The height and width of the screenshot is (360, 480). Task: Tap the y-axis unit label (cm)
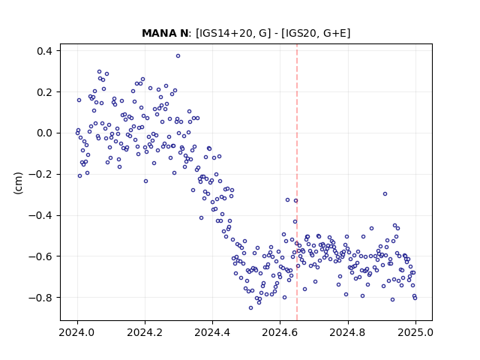click(18, 183)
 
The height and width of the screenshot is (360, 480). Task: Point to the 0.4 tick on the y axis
click(44, 50)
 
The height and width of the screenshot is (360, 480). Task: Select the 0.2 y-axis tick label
click(44, 91)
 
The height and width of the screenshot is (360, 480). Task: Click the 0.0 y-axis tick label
click(44, 133)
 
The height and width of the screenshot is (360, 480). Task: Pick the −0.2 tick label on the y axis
click(40, 174)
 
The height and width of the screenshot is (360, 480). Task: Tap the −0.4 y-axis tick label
click(40, 215)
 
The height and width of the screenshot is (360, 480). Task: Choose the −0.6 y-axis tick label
click(40, 256)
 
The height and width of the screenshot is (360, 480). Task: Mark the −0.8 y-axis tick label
click(40, 297)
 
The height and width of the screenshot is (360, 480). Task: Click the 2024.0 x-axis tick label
click(77, 332)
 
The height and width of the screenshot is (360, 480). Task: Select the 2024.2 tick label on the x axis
click(145, 332)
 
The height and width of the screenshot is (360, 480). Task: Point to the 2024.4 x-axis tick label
click(212, 332)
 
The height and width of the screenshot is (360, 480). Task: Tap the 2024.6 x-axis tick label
click(280, 332)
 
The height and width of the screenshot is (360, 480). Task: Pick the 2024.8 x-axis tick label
click(348, 332)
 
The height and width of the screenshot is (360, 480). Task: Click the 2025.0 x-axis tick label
click(415, 332)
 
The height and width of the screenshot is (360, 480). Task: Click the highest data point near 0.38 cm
click(178, 56)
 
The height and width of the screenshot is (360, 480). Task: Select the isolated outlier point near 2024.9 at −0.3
click(385, 193)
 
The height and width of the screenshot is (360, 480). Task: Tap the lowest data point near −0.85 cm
click(250, 308)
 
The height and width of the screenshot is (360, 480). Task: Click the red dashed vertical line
click(297, 182)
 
